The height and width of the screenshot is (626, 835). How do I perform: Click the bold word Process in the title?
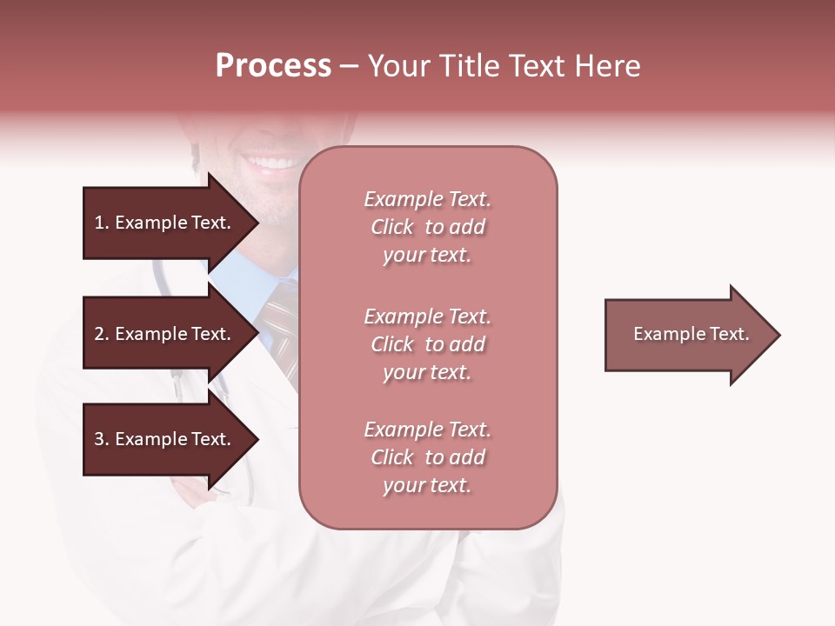(273, 66)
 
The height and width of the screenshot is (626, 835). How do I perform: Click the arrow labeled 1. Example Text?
(165, 223)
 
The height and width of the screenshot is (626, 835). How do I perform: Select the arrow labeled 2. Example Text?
(165, 334)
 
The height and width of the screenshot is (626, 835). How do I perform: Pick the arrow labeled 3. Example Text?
(165, 439)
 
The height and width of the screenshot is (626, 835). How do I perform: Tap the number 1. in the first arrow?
(101, 223)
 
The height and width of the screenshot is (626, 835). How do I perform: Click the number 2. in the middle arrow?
(101, 334)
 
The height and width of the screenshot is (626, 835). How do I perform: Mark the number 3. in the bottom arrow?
(101, 439)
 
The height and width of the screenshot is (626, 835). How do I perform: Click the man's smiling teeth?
(271, 163)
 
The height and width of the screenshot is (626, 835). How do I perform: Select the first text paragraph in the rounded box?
(427, 227)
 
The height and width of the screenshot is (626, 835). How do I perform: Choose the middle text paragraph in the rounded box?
(427, 344)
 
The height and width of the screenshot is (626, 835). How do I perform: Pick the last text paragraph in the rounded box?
(427, 457)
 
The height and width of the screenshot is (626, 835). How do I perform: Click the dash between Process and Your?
(349, 67)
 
